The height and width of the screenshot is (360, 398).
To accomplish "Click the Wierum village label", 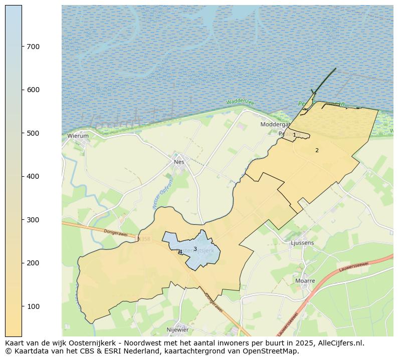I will coord(78,136).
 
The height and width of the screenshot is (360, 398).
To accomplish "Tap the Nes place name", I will coord(179,162).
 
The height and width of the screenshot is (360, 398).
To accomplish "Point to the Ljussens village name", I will coord(302,243).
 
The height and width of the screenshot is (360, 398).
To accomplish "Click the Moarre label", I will coord(305,281).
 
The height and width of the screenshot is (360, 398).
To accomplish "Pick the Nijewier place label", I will coord(177,329).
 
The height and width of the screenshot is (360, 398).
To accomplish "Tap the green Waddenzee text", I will coord(240,102).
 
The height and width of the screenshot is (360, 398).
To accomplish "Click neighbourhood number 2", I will coord(317,150).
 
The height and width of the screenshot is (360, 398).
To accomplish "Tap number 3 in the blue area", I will coord(195,249).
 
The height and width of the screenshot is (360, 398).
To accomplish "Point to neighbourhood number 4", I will coord(180,252).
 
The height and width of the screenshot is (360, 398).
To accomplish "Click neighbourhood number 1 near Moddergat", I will coord(294,135).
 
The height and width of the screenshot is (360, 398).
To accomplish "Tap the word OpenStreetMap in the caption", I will coord(275,351).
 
